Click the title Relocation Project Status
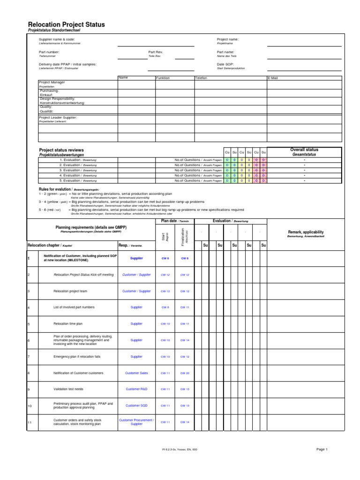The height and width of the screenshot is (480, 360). (67, 24)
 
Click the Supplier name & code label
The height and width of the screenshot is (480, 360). (57, 39)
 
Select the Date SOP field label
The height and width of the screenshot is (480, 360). (225, 64)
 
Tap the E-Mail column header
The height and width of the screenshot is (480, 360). (273, 78)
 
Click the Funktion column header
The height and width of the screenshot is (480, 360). (163, 78)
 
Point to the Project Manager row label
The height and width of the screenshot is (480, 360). (52, 82)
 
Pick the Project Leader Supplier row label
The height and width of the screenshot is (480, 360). (58, 117)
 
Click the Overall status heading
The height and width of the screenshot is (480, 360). (304, 150)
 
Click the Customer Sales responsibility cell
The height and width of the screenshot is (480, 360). (136, 373)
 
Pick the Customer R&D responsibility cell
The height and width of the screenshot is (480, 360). (136, 389)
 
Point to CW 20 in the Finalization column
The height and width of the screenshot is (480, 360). (185, 373)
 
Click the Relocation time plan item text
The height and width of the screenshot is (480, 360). (69, 323)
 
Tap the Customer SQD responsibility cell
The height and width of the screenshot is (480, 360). (136, 405)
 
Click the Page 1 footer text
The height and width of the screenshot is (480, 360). (322, 449)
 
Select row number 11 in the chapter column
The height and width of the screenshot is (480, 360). (30, 422)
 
